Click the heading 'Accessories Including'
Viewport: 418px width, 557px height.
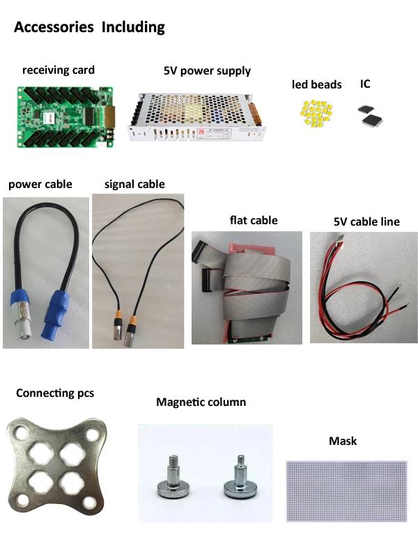coord(89,28)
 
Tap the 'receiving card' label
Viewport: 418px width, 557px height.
coord(59,70)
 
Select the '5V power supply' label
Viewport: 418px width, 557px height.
coord(207,71)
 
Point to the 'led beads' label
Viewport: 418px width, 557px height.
coord(317,85)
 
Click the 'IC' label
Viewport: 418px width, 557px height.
coord(365,84)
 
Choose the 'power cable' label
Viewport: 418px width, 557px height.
coord(40,185)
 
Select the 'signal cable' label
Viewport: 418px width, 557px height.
coord(134,185)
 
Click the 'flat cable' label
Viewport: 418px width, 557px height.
coord(254,221)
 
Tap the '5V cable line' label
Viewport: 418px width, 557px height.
coord(366,222)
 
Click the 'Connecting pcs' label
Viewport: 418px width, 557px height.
coord(55,393)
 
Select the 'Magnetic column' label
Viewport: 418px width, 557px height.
coord(201,402)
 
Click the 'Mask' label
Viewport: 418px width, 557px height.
coord(342,441)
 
